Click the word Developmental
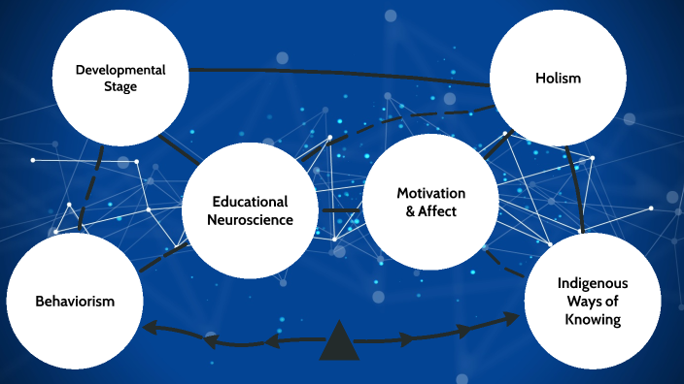click(121, 70)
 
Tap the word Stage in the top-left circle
click(121, 87)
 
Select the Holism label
click(558, 78)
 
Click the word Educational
click(251, 202)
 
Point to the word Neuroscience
click(251, 219)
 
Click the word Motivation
click(429, 193)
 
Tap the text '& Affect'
click(429, 210)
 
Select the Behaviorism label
click(75, 301)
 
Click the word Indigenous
click(593, 283)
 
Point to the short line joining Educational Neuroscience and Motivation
click(341, 210)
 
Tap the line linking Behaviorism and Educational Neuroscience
click(161, 257)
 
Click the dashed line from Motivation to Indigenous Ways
click(499, 260)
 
